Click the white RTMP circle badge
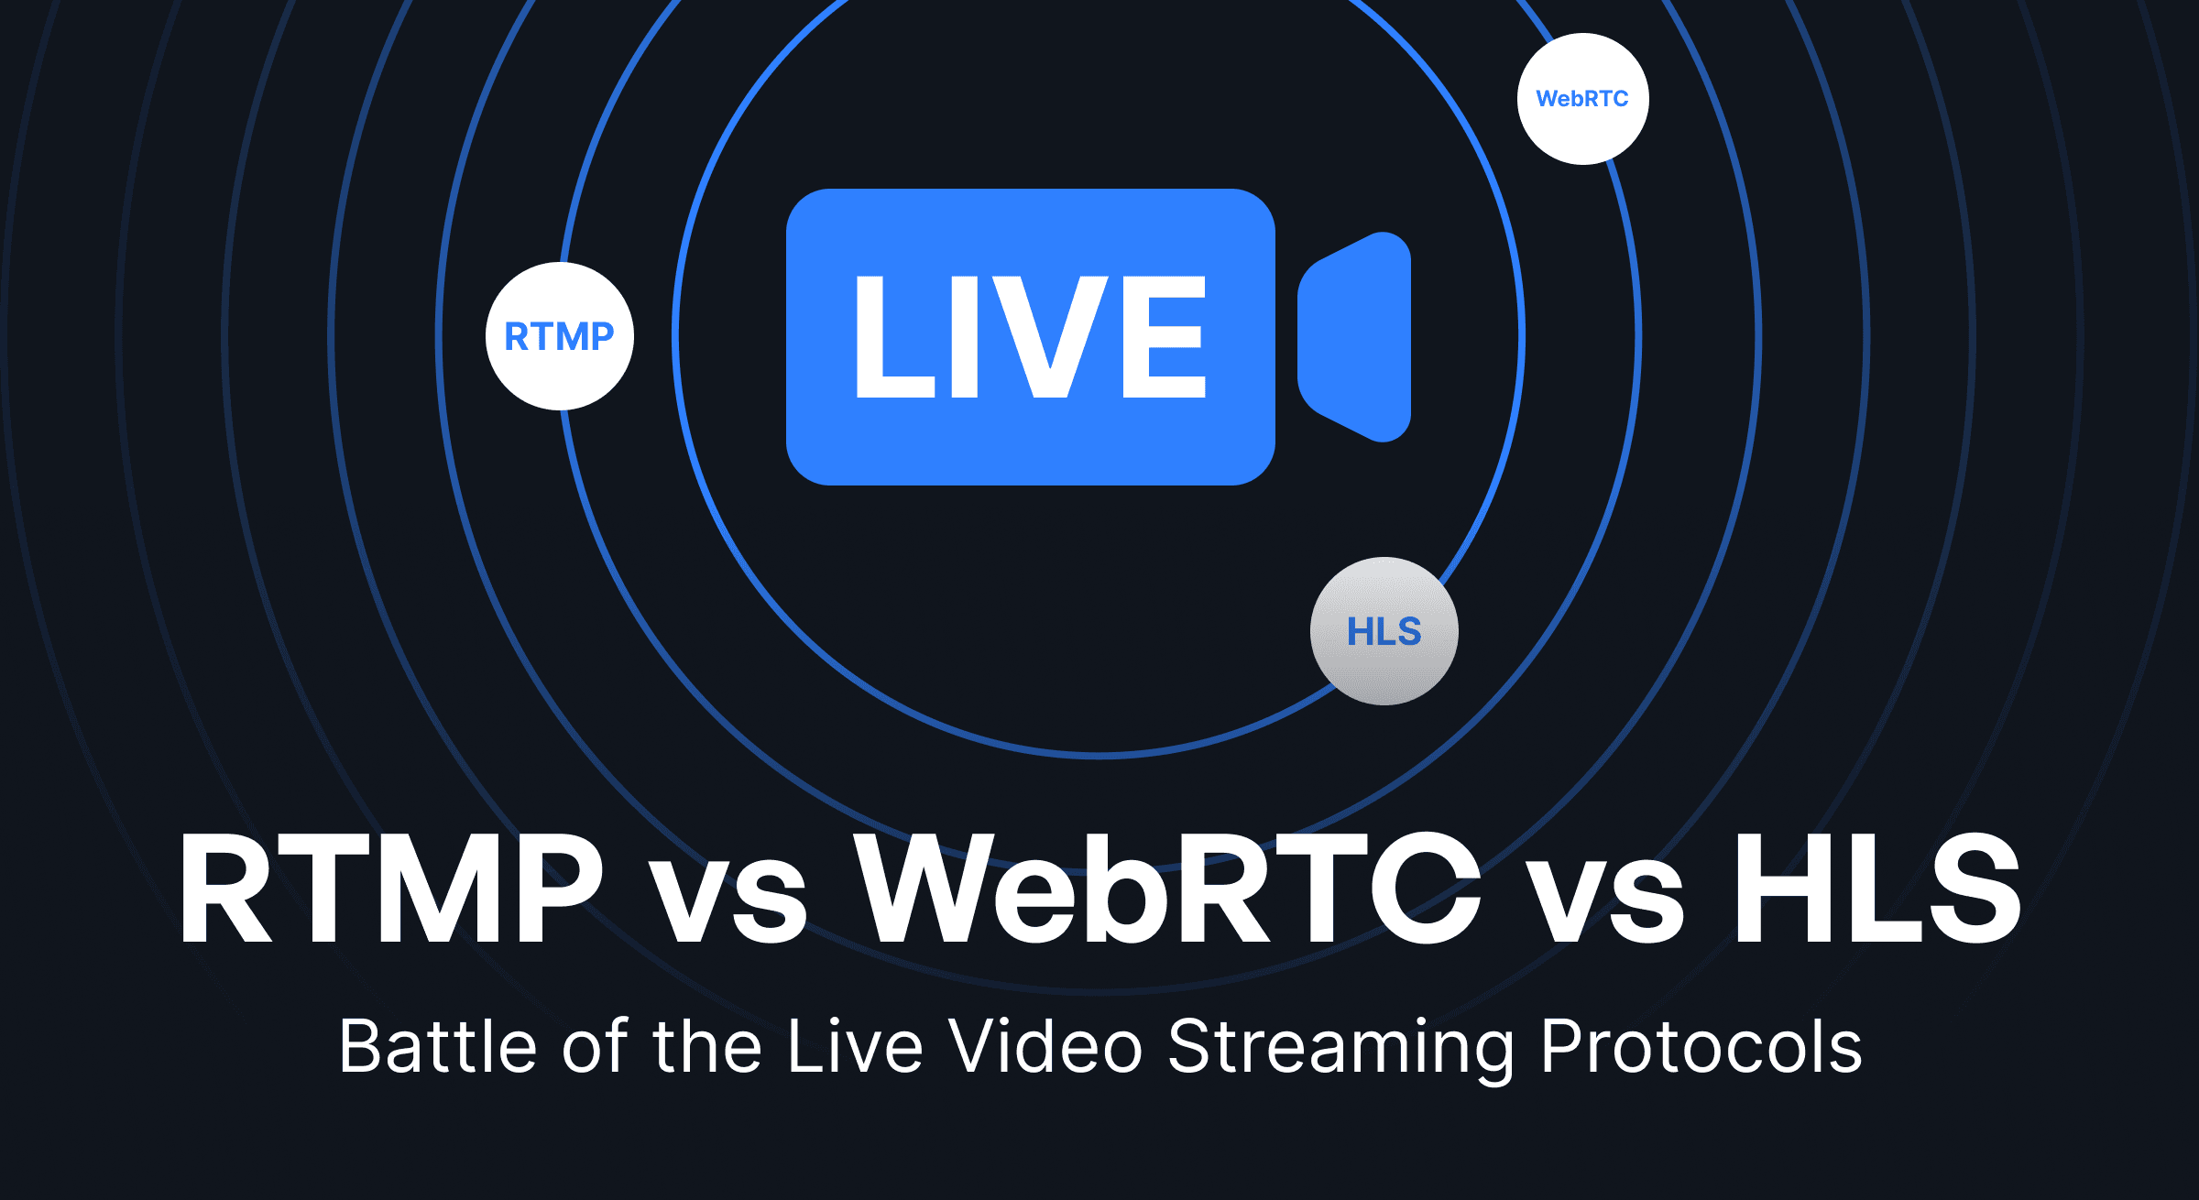(x=559, y=336)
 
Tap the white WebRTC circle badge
(x=1582, y=99)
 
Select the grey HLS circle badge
(x=1384, y=631)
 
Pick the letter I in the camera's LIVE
(x=965, y=337)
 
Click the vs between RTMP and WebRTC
(x=728, y=902)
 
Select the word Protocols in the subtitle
(x=1701, y=1046)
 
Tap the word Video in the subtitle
(x=1045, y=1046)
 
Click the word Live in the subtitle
(x=855, y=1046)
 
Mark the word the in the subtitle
(x=706, y=1046)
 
